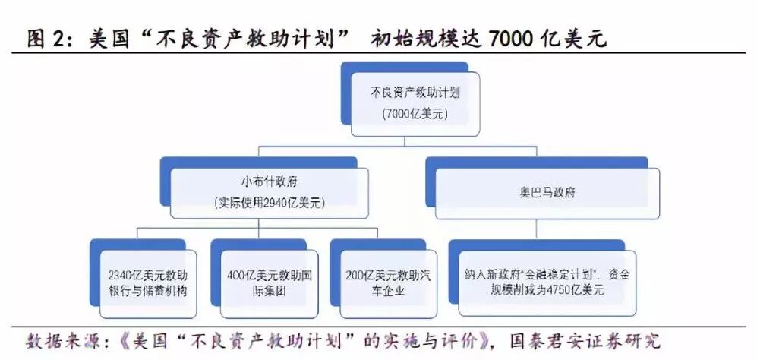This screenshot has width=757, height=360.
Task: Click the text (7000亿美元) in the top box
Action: [416, 114]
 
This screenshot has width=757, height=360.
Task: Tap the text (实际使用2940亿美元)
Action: [269, 203]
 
